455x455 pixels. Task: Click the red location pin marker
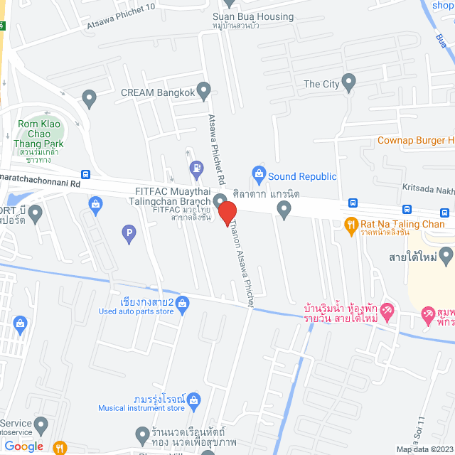click(226, 213)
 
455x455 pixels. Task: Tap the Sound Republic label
click(302, 176)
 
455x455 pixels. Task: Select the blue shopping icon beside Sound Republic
click(259, 173)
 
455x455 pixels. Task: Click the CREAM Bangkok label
click(156, 92)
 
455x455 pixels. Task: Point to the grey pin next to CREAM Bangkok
click(204, 90)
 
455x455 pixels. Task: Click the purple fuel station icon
click(194, 168)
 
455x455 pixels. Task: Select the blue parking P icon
click(129, 231)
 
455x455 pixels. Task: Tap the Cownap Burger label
click(415, 140)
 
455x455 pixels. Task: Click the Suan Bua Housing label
click(252, 16)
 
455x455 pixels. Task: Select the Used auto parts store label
click(136, 311)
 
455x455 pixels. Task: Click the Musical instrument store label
click(141, 407)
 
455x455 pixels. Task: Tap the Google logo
click(23, 446)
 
